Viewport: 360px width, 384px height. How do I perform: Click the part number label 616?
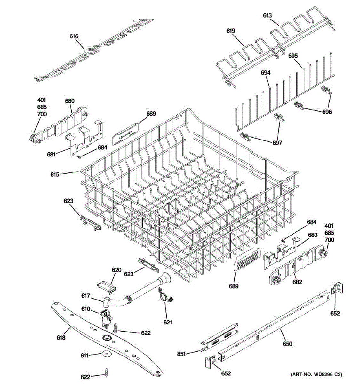coord(74,36)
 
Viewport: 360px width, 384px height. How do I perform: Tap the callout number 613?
coord(268,15)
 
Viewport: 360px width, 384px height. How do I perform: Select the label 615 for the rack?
coord(55,175)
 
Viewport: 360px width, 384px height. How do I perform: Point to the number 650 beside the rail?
coord(287,344)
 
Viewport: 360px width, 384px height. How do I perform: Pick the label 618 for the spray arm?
coord(61,338)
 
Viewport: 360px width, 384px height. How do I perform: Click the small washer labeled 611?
coord(105,354)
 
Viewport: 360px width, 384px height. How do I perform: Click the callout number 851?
coord(182,354)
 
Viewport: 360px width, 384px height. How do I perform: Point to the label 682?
coord(297,282)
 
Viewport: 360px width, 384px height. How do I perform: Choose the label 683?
coord(313,235)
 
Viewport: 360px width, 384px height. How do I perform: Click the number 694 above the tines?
coord(266,73)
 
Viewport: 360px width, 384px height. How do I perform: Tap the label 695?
coord(293,56)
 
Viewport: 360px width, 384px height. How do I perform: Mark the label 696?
coord(327,112)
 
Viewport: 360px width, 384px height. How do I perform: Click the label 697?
coord(277,143)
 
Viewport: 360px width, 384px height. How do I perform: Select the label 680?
coord(70,101)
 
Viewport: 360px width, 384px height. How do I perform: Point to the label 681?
coord(51,155)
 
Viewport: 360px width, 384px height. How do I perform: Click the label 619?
coord(231,31)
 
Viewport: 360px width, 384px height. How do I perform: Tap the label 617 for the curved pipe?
coord(85,296)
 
